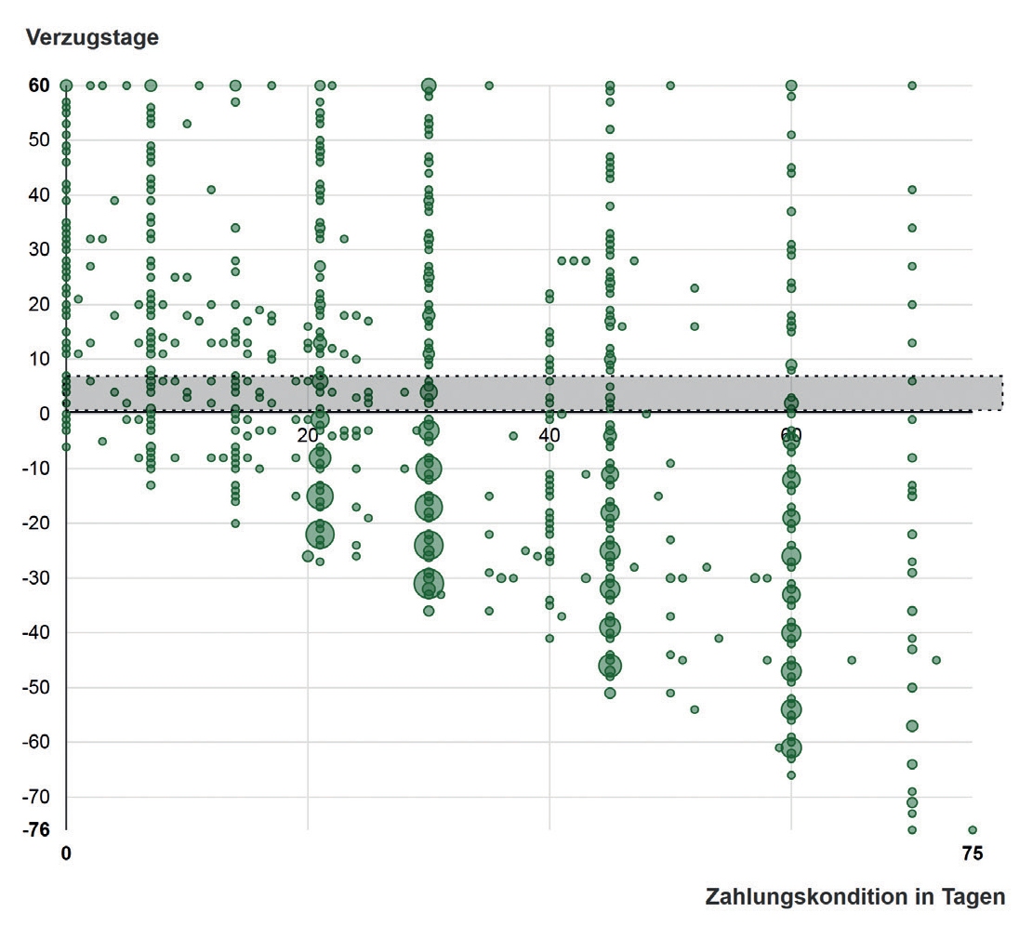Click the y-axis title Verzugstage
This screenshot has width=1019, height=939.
tap(92, 37)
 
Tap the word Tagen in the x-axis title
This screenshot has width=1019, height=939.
tap(974, 897)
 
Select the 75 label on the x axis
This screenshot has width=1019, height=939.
tap(972, 853)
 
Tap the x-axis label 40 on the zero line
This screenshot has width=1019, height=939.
tap(549, 435)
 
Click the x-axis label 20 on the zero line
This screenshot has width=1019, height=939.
tap(308, 435)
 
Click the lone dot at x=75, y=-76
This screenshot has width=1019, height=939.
tap(973, 830)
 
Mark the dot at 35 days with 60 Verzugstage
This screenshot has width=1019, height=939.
tap(489, 86)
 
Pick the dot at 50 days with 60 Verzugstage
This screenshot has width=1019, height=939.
tap(670, 86)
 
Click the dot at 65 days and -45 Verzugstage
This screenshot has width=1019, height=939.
tap(852, 660)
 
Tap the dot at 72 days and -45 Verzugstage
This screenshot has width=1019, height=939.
tap(936, 660)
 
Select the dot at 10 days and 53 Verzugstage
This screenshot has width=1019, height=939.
tap(187, 124)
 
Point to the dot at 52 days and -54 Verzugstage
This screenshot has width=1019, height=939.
tap(695, 709)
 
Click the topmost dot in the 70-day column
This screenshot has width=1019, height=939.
tap(912, 86)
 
